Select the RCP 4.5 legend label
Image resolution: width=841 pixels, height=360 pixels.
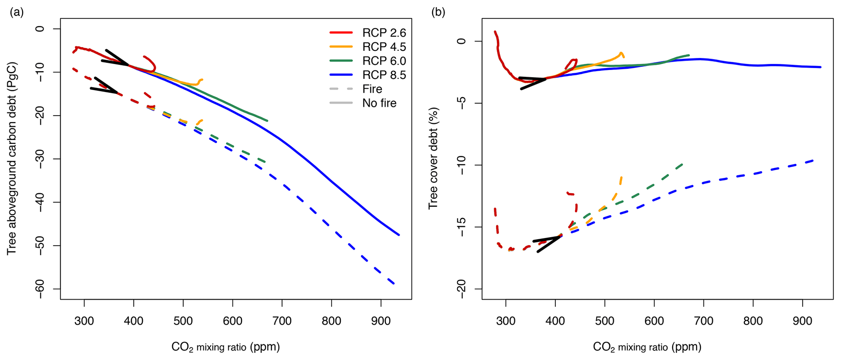coord(384,47)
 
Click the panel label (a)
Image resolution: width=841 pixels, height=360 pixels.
coord(17,12)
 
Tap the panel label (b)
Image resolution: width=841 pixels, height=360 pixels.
coord(438,12)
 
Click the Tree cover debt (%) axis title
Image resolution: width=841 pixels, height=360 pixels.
coord(433,159)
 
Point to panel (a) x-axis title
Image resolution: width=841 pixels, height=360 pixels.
coord(225,347)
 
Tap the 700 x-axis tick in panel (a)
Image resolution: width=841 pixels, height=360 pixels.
coord(282,321)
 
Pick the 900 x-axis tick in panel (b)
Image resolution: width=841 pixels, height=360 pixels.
coord(802,321)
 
